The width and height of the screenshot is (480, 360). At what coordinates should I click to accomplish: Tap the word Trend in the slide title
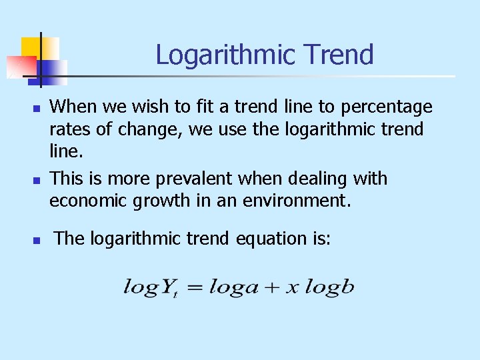click(x=341, y=55)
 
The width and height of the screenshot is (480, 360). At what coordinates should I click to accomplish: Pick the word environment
click(x=295, y=201)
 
